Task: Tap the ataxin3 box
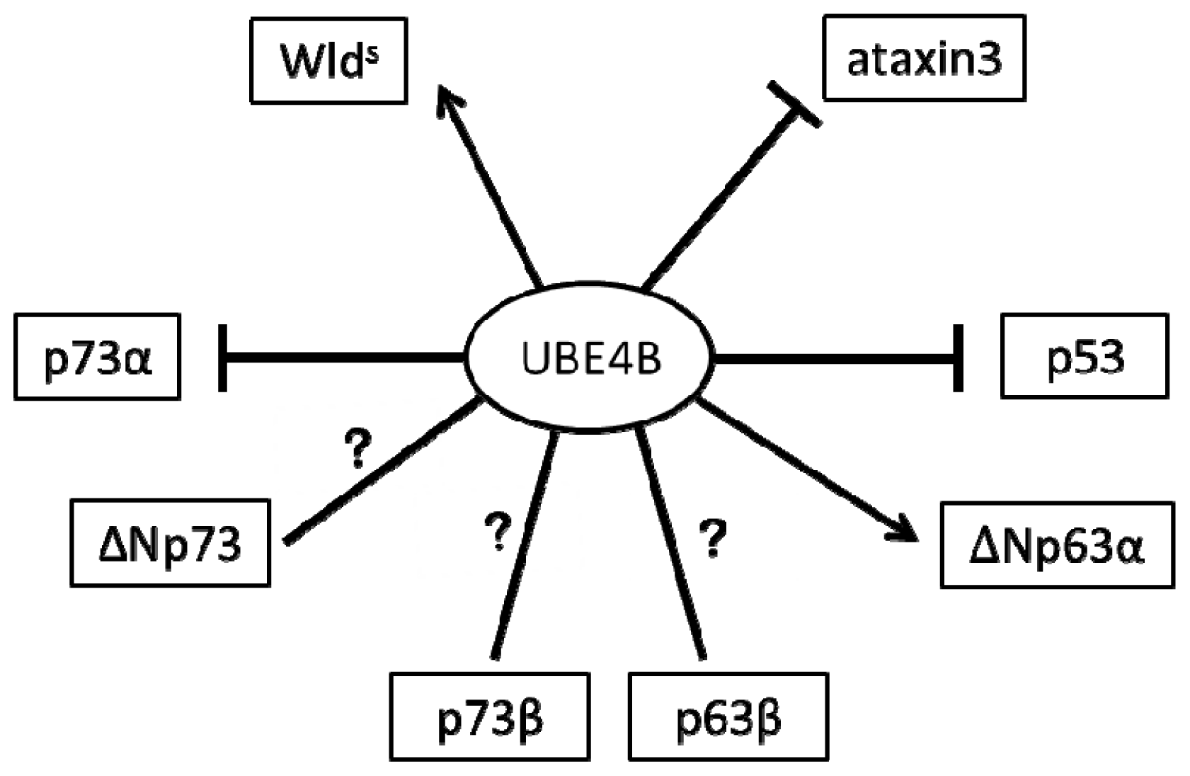(x=924, y=58)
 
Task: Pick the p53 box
(x=1084, y=356)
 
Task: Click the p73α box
(x=97, y=357)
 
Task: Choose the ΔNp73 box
(x=170, y=543)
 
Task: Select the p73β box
(x=490, y=717)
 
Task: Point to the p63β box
(x=728, y=717)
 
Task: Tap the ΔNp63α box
(x=1057, y=545)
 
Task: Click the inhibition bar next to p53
(x=959, y=358)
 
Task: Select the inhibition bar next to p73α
(x=223, y=358)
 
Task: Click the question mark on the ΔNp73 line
(x=357, y=449)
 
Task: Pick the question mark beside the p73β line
(x=498, y=532)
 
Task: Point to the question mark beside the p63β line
(x=713, y=537)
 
